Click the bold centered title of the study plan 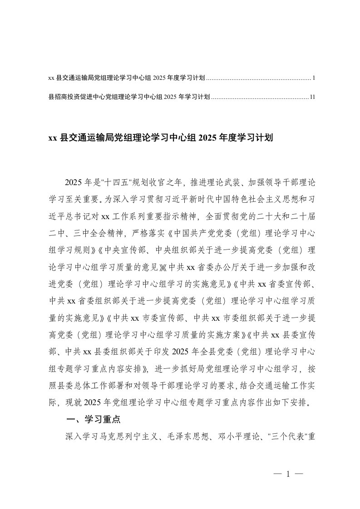pyautogui.click(x=160, y=137)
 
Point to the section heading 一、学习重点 pyautogui.click(x=94, y=420)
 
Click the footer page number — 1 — pyautogui.click(x=288, y=474)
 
